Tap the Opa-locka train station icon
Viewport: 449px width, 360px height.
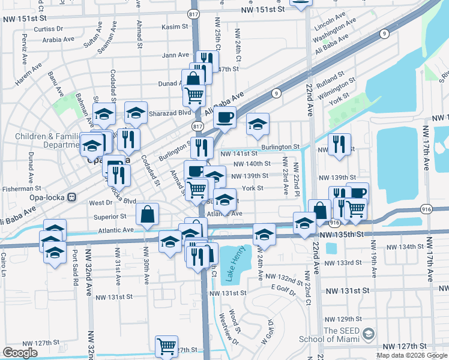[x=71, y=197]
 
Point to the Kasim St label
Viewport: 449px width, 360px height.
[x=175, y=27]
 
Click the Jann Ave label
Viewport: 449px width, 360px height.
[x=175, y=55]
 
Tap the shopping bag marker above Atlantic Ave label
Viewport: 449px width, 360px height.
[x=147, y=214]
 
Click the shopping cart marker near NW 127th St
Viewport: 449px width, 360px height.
[x=166, y=345]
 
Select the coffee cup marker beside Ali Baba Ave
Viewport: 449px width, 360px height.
[x=225, y=117]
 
